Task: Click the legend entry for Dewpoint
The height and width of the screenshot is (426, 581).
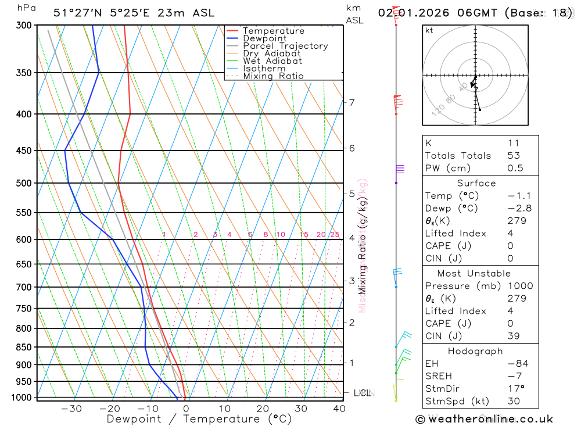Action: click(x=264, y=38)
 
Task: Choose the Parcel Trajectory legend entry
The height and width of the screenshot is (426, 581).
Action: click(x=285, y=46)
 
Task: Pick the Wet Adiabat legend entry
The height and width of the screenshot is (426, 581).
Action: click(x=272, y=61)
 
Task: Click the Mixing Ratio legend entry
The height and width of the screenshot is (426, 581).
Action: click(x=273, y=76)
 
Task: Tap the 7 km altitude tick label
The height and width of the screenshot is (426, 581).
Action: click(x=352, y=102)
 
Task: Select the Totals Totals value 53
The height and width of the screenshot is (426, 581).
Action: click(x=514, y=156)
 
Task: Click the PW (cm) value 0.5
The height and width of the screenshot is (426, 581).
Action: click(x=515, y=169)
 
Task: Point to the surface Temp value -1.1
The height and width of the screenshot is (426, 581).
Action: click(x=519, y=196)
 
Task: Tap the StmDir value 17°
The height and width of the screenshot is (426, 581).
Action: click(x=515, y=388)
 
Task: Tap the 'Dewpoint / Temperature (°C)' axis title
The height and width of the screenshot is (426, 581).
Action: click(x=199, y=418)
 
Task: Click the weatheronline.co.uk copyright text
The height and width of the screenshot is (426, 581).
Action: click(x=484, y=419)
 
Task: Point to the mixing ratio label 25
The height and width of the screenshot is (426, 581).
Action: click(x=335, y=235)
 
